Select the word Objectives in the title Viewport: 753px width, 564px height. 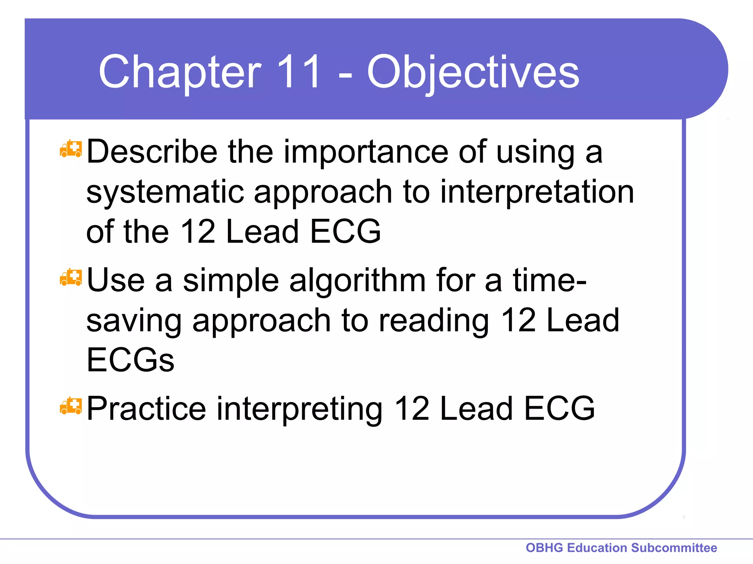[x=473, y=73]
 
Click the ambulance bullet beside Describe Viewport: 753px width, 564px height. [x=71, y=149]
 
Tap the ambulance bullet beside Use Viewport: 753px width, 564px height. [x=71, y=278]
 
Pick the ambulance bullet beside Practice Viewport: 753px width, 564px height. [x=71, y=406]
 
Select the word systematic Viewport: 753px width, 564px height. [x=165, y=192]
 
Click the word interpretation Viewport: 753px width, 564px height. [x=537, y=192]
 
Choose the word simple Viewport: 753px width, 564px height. [x=231, y=281]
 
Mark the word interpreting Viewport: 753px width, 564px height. [x=300, y=410]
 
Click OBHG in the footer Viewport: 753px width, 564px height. [x=545, y=548]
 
